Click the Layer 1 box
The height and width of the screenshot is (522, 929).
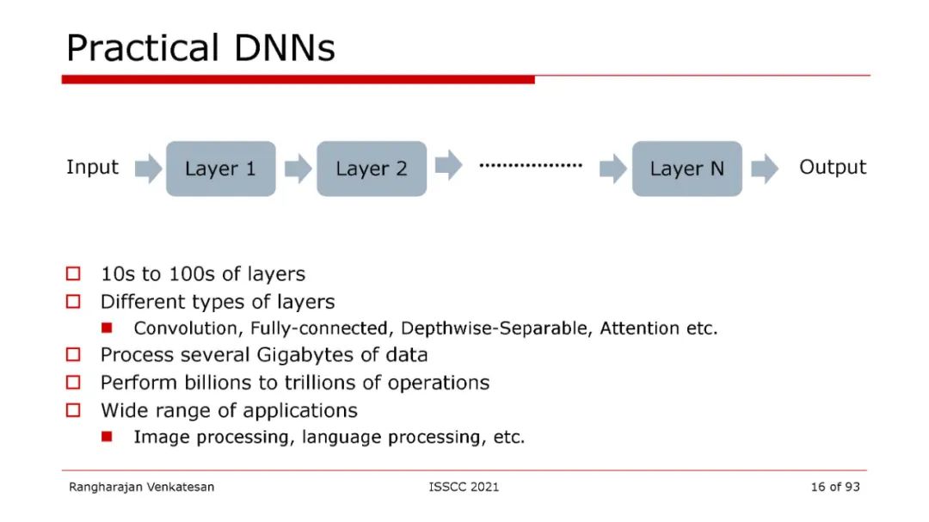pos(220,169)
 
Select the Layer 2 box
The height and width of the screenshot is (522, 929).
pos(372,169)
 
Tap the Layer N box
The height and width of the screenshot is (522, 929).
pos(686,169)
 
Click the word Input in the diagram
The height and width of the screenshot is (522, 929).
pos(92,167)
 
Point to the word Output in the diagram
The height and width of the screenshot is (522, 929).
pos(833,167)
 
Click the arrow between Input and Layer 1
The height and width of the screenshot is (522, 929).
pos(148,169)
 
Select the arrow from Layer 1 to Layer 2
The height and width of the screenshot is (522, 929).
pos(298,169)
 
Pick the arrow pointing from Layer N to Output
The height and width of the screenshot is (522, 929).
pos(764,169)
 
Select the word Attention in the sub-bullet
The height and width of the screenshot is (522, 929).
pos(639,328)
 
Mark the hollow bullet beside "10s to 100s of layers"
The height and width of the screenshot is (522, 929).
pos(73,274)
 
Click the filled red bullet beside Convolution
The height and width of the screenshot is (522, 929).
pos(107,328)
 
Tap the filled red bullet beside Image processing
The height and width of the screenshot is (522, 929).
pos(107,437)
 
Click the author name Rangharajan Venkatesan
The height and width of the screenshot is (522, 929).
pos(142,487)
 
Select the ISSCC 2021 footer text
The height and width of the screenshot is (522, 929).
pos(464,487)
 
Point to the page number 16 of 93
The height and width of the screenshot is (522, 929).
pos(834,487)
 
